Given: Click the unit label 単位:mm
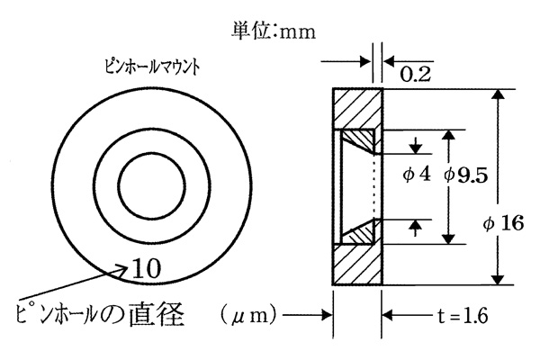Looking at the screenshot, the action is tap(273, 31).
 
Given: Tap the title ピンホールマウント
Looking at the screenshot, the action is tap(152, 67).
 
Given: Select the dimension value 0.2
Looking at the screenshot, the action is tap(415, 74).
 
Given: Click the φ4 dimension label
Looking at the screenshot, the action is tap(417, 175).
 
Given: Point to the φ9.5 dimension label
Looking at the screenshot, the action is tap(466, 175).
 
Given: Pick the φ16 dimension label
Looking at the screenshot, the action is tap(503, 223).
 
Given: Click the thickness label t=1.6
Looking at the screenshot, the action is tap(463, 316).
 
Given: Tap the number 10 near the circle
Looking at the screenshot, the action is tap(146, 269).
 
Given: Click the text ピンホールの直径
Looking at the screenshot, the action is tap(100, 314).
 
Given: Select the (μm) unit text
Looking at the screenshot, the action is tap(248, 315).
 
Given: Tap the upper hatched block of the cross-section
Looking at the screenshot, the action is tap(357, 109).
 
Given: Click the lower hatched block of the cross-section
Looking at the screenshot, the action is tap(357, 265).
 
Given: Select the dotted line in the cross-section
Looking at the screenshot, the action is tap(374, 186).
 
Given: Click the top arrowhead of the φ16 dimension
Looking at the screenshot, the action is tap(498, 95).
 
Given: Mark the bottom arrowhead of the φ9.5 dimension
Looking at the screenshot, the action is tap(448, 238).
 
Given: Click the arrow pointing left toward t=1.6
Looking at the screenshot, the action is tap(408, 315).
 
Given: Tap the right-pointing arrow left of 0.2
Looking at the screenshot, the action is tap(346, 62).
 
